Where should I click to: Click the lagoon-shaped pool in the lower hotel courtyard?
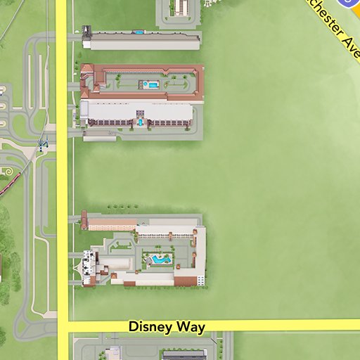[160, 259]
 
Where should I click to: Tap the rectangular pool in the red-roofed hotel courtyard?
[151, 84]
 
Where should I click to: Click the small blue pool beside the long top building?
[139, 32]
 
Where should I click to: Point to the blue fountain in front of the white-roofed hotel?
[141, 122]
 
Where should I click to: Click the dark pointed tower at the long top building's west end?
[86, 31]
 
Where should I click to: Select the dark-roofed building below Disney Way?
[184, 356]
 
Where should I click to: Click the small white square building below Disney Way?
[112, 354]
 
